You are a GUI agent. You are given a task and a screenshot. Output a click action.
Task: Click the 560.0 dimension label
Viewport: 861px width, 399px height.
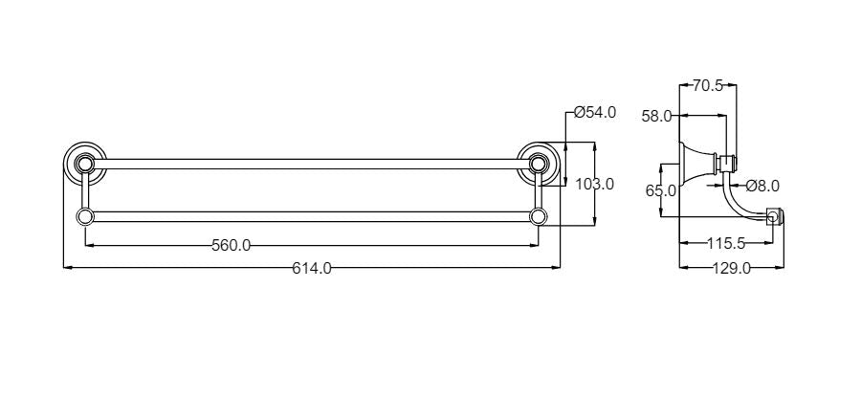232,245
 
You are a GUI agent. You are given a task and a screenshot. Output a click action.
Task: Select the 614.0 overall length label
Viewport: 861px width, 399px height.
311,268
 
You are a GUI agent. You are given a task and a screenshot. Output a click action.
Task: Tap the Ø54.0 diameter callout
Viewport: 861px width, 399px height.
595,113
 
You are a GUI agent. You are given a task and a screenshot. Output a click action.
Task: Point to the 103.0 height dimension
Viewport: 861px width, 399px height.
595,184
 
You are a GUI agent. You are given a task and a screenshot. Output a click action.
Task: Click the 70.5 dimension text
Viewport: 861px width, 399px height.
708,85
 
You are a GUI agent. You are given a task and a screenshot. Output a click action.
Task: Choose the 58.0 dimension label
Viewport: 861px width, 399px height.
656,117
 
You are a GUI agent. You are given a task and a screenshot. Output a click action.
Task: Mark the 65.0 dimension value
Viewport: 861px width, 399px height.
660,191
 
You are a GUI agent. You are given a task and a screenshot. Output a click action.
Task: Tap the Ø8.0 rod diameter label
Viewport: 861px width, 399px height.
762,186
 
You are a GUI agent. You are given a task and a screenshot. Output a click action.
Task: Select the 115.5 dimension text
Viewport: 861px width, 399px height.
726,243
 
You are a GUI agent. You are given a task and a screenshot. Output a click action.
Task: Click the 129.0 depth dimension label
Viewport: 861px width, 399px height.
732,268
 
